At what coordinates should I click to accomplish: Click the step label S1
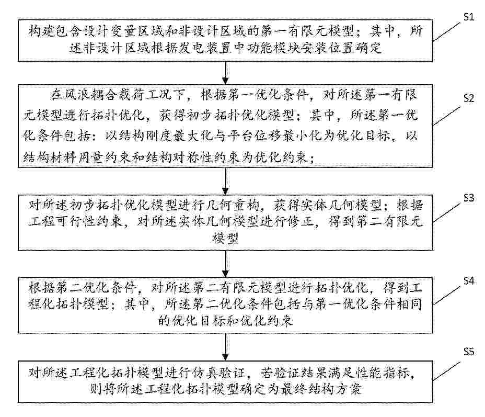pyautogui.click(x=469, y=17)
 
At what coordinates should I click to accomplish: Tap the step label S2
pyautogui.click(x=469, y=98)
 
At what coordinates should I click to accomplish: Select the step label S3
pyautogui.click(x=469, y=198)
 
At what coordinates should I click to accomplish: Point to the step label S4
pyautogui.click(x=469, y=281)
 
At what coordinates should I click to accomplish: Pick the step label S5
pyautogui.click(x=469, y=352)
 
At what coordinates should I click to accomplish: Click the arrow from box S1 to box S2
pyautogui.click(x=225, y=73)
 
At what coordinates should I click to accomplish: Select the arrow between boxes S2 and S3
pyautogui.click(x=225, y=181)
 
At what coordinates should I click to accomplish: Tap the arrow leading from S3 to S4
pyautogui.click(x=225, y=264)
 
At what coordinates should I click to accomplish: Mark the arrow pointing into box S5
pyautogui.click(x=225, y=347)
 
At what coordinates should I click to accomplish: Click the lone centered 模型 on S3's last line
pyautogui.click(x=225, y=239)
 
